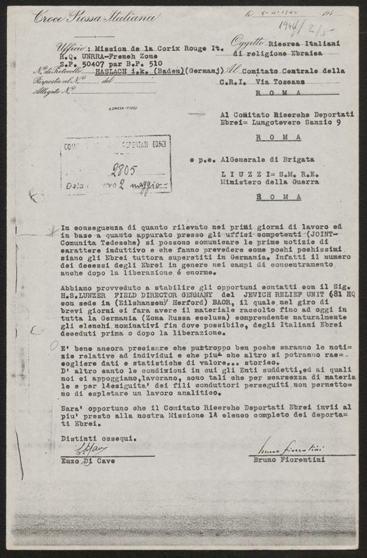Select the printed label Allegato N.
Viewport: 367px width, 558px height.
click(57, 90)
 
